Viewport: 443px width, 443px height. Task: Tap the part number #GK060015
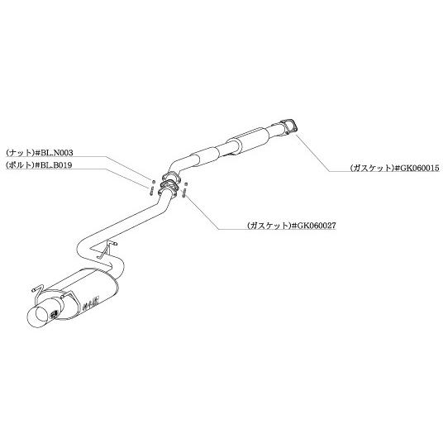417,168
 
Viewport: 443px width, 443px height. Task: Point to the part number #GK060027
313,225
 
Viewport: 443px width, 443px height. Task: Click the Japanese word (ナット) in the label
20,153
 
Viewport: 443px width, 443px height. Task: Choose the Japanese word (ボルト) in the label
20,165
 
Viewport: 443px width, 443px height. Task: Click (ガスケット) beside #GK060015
372,168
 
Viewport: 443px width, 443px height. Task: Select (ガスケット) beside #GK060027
269,225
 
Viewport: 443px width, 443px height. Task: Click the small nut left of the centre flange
154,181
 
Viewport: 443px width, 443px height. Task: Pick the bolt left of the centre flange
151,189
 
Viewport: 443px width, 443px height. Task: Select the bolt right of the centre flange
184,192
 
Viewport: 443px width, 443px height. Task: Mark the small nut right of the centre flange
186,184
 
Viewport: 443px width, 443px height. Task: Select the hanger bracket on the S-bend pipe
107,249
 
